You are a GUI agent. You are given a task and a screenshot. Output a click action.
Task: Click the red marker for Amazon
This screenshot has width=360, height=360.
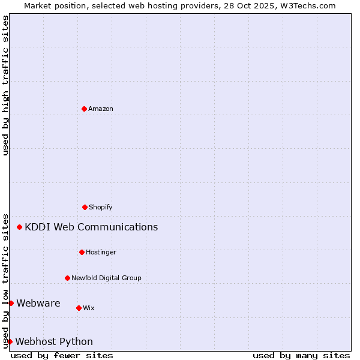click(84, 109)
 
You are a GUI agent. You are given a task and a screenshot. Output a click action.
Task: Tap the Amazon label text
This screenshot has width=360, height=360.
click(101, 109)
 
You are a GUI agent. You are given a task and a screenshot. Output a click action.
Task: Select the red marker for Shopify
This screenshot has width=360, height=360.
click(85, 207)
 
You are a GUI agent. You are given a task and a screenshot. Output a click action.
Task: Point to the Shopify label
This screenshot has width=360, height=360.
click(101, 208)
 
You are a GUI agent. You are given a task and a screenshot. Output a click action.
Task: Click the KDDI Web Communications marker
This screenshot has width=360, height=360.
click(20, 227)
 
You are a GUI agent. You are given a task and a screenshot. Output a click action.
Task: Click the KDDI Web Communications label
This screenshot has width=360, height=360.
click(91, 227)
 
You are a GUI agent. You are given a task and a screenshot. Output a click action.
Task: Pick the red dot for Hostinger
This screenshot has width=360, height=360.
click(82, 252)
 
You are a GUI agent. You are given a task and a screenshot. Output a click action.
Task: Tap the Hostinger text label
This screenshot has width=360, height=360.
click(101, 253)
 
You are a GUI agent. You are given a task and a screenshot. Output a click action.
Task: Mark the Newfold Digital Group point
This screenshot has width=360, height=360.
click(67, 278)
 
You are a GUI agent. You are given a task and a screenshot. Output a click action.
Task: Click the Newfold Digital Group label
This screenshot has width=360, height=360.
click(106, 278)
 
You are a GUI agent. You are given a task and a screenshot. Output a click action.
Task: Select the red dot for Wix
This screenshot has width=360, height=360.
click(79, 308)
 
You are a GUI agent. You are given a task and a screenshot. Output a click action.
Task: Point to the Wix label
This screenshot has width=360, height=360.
click(89, 308)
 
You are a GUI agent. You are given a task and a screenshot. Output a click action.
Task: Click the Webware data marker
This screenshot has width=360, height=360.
click(11, 303)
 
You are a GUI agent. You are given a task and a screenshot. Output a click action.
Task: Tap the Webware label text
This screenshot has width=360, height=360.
click(38, 304)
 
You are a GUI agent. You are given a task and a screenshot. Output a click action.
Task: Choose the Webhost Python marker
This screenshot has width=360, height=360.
click(10, 341)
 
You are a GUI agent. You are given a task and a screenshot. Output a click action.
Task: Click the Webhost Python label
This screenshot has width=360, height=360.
click(54, 342)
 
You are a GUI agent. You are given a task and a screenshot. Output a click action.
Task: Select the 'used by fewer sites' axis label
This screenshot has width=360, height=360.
click(62, 355)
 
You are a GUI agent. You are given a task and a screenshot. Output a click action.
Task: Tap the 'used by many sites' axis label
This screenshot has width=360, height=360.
click(301, 355)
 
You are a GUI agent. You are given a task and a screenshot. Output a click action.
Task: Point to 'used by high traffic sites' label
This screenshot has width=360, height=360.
click(6, 85)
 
